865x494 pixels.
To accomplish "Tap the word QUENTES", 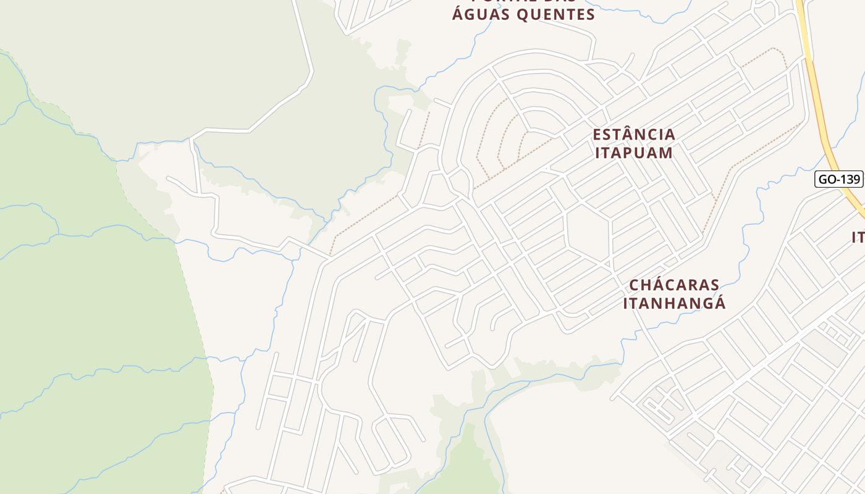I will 556,14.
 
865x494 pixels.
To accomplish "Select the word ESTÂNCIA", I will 634,134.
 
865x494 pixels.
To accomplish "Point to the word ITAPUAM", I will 634,153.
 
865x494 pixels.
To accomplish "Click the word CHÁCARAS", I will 674,285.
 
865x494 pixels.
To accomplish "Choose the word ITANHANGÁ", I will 674,304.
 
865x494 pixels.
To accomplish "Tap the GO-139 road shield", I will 838,179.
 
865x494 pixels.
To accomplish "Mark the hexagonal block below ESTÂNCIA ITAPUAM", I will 589,235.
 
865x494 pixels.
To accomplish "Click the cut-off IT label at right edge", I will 858,238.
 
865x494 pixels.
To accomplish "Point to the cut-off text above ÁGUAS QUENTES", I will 523,2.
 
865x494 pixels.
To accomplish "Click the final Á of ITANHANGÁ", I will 719,303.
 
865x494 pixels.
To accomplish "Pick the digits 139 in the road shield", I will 849,179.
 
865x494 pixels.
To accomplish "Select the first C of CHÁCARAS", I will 635,285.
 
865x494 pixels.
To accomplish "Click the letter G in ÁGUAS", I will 470,14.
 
